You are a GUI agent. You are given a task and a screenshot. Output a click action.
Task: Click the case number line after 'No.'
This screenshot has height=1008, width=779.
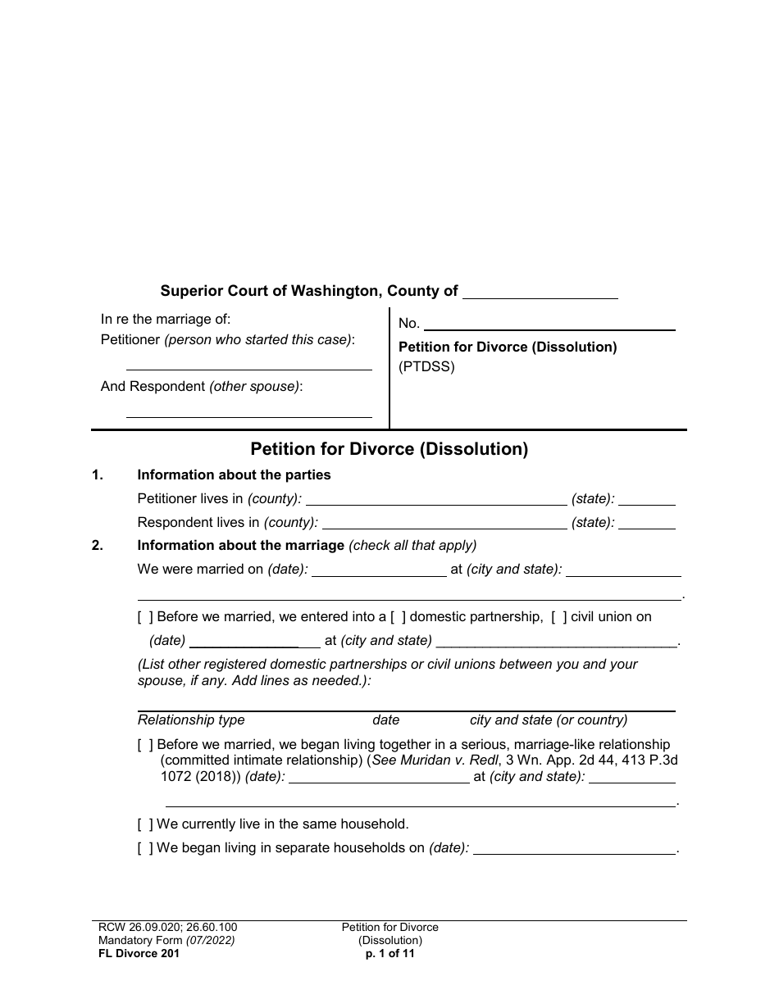pos(549,325)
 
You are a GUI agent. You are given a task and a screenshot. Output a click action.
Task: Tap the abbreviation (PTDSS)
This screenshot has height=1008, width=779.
pos(426,367)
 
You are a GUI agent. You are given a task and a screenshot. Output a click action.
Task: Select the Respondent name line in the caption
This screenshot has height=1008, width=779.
pos(248,411)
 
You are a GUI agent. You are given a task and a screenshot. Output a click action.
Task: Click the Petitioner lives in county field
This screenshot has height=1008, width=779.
pos(435,500)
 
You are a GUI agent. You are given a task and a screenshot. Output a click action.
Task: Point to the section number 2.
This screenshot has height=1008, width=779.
pos(98,546)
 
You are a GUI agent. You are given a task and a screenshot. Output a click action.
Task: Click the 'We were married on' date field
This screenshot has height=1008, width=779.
pos(379,571)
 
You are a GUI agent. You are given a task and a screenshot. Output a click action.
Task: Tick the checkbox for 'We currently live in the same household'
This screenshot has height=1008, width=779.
pos(145,824)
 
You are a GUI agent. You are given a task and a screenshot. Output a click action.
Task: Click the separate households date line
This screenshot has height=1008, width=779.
pos(575,850)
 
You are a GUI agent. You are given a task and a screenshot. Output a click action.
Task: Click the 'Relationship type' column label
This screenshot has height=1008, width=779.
pos(191,720)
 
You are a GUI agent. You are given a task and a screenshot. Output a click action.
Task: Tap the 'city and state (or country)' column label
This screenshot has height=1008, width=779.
pos(549,720)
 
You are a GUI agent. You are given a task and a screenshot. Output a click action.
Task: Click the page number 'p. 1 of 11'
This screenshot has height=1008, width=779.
pos(390,954)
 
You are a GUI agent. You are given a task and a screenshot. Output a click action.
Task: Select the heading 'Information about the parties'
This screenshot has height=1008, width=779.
pos(234,475)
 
